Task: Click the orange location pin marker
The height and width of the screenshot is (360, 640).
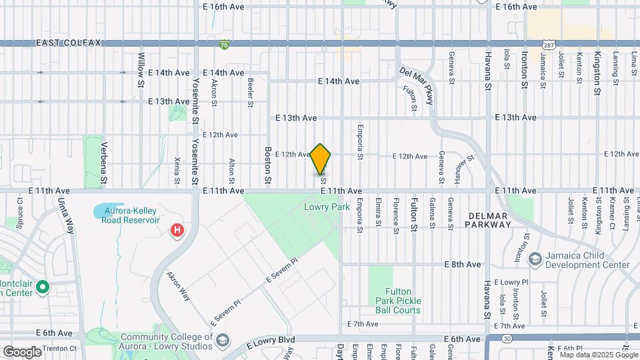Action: click(321, 159)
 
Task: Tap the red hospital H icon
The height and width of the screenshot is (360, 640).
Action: click(177, 231)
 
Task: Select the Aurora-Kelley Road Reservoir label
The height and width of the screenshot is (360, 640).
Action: click(131, 215)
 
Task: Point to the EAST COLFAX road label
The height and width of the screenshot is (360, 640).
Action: click(69, 43)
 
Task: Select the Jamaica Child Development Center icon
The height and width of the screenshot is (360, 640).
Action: click(534, 258)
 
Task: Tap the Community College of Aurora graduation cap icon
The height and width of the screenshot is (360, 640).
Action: click(222, 341)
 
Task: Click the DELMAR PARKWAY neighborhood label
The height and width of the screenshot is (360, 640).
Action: click(489, 220)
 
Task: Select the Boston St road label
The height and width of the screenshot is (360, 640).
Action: click(268, 165)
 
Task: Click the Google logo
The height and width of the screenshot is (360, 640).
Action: click(21, 351)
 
